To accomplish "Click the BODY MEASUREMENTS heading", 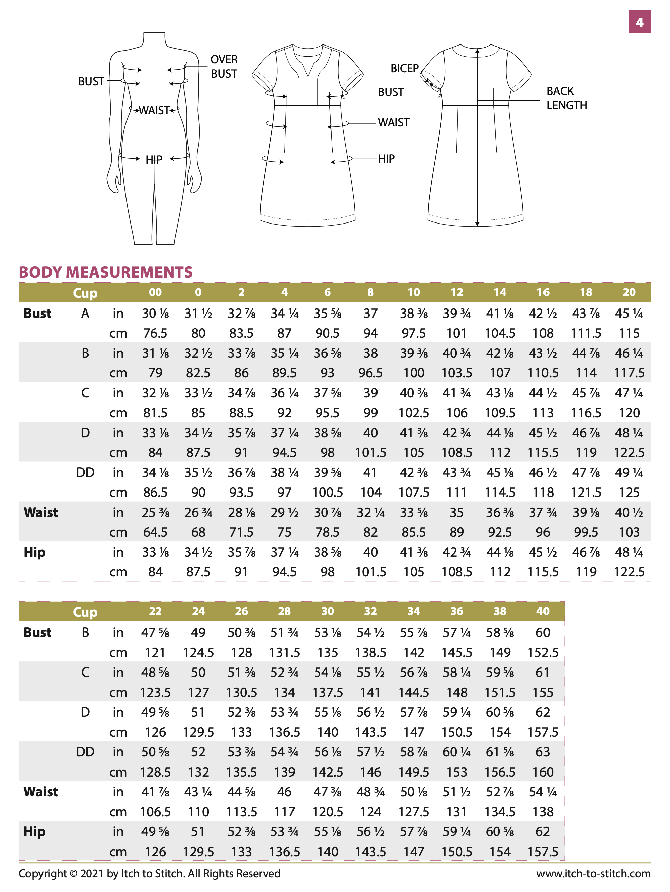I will [x=106, y=272].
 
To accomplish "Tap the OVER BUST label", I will [x=224, y=67].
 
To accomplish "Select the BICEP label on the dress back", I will [x=404, y=69].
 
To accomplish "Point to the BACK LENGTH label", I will [x=566, y=98].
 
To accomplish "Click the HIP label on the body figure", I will [x=154, y=160].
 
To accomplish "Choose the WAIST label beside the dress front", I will [x=393, y=122].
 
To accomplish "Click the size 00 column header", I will [x=155, y=292].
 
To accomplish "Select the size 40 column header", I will [x=542, y=611].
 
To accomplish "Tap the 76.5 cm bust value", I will [x=155, y=333].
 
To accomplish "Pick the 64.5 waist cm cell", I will [x=155, y=532].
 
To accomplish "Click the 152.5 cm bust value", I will [x=542, y=652].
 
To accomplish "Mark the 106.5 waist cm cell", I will [x=155, y=812].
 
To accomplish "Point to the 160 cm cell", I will [x=542, y=772].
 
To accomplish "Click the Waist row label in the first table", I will [x=41, y=513].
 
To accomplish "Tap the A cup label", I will [x=85, y=313].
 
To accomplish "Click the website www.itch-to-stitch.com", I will [x=593, y=874].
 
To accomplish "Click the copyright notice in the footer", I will [x=149, y=874].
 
